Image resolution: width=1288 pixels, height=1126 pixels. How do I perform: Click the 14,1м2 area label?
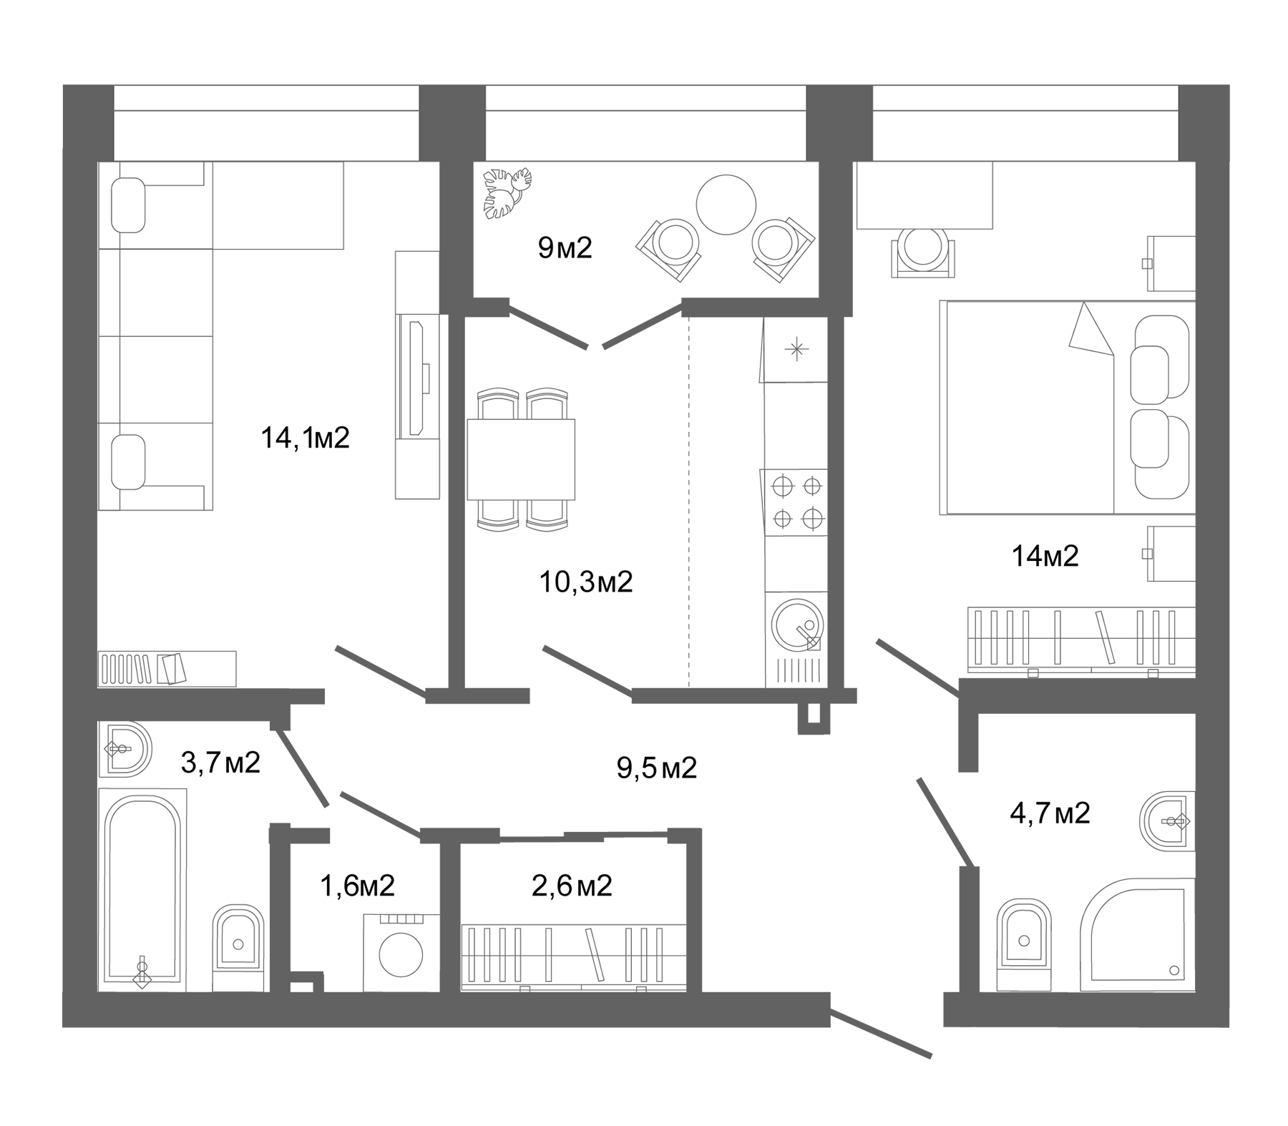pos(305,438)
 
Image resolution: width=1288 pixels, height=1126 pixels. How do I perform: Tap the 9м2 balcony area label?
pos(565,248)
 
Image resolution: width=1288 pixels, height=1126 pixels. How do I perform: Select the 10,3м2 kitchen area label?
pos(585,582)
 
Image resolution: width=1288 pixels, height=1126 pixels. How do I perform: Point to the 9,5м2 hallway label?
pos(656,768)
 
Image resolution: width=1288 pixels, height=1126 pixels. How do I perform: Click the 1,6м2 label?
pos(357,886)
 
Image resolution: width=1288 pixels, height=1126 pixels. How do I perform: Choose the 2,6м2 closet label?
pos(572,886)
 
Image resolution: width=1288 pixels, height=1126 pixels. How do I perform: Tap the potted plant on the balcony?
pos(507,192)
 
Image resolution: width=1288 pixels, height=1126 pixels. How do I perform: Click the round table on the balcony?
pos(726,205)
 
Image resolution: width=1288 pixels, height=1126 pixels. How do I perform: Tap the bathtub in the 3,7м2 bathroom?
pos(142,891)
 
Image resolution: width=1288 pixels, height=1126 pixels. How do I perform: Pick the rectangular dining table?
pos(520,459)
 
